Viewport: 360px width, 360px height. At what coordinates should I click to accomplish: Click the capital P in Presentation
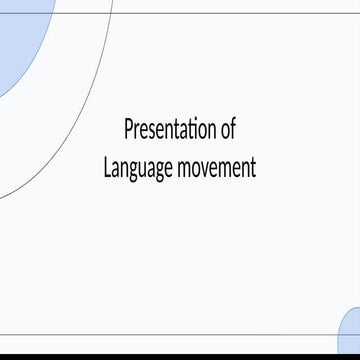[x=128, y=130]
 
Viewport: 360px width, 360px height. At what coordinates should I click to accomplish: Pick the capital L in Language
[x=107, y=166]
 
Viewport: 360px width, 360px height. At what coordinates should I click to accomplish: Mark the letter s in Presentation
[x=151, y=131]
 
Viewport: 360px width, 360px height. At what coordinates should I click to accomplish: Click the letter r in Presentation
[x=136, y=131]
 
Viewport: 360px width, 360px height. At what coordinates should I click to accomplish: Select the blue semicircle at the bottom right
[x=351, y=333]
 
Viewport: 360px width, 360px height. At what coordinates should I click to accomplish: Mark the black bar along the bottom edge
[x=180, y=356]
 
